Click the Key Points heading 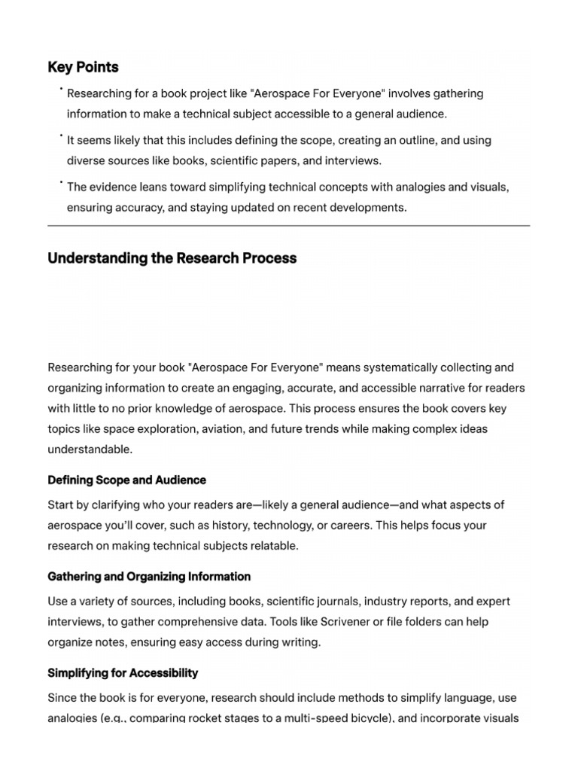pyautogui.click(x=83, y=67)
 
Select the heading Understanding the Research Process pyautogui.click(x=172, y=258)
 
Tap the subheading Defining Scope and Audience pyautogui.click(x=126, y=480)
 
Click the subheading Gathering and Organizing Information pyautogui.click(x=149, y=577)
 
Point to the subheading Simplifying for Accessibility pyautogui.click(x=123, y=672)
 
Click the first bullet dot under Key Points pyautogui.click(x=60, y=90)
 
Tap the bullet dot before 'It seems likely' pyautogui.click(x=60, y=136)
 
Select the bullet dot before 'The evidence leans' pyautogui.click(x=60, y=183)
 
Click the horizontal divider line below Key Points pyautogui.click(x=288, y=225)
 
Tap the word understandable pyautogui.click(x=90, y=449)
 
